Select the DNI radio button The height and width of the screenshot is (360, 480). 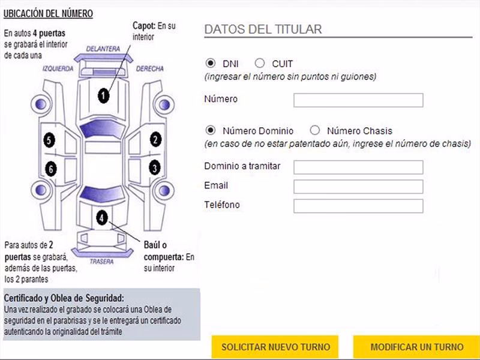[211, 63]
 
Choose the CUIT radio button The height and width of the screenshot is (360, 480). [260, 63]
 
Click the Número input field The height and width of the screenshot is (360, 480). [358, 100]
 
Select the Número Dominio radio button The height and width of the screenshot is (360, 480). [211, 130]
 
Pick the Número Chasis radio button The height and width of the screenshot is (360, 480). [315, 130]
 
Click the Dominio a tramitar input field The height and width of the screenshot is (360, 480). [358, 167]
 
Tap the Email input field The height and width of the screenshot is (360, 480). [358, 187]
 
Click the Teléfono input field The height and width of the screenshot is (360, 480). [358, 206]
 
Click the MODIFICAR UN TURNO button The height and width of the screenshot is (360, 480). [416, 347]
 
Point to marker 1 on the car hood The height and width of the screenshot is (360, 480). [104, 95]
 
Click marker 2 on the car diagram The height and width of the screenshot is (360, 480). [155, 140]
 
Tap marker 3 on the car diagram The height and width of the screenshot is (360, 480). [155, 168]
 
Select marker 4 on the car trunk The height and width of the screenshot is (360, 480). [103, 218]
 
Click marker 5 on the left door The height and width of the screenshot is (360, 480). [49, 141]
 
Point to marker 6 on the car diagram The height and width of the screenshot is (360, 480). [51, 170]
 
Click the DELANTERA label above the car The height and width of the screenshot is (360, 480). [103, 48]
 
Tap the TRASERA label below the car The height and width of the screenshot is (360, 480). [102, 262]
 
